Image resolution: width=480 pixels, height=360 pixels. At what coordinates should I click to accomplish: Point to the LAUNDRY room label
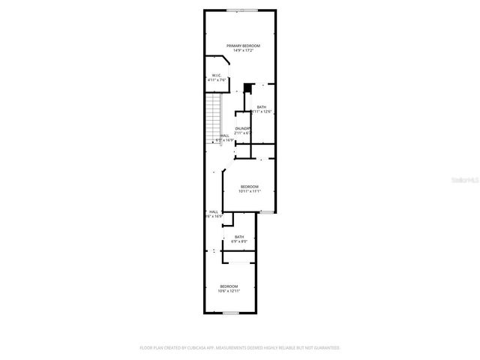point(242,128)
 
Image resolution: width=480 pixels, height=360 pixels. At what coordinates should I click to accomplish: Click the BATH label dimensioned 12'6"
point(261,107)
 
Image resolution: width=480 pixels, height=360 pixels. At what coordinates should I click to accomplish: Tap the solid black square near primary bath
point(247,88)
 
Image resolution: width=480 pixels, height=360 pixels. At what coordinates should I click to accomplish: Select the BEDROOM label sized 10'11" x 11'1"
point(249,186)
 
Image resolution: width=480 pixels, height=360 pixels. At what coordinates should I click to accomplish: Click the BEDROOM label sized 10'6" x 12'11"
point(229,286)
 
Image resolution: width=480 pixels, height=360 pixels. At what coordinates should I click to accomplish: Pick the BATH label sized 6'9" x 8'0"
point(238,237)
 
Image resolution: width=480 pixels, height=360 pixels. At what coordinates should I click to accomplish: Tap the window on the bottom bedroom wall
point(231,312)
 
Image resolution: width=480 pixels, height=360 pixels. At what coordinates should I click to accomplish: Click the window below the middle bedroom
point(265,212)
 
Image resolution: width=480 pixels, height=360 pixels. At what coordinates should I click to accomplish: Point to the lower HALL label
point(214,211)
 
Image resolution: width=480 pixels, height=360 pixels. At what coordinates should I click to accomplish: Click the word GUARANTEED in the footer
point(324,348)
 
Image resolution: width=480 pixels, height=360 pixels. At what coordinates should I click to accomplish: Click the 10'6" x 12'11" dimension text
point(229,291)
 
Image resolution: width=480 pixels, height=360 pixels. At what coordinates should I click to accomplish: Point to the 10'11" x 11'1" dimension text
point(249,190)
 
